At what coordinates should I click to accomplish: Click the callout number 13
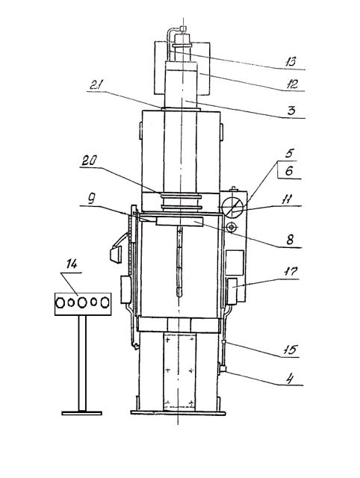click(x=291, y=62)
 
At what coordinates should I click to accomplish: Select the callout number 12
click(x=291, y=84)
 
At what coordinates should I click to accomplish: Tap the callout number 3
click(x=291, y=110)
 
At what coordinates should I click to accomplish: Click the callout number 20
click(x=89, y=161)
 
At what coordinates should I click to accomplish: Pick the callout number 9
click(x=91, y=199)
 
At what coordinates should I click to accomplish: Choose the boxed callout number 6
click(x=289, y=171)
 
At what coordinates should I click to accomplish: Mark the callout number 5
click(x=288, y=153)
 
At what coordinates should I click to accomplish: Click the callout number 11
click(x=287, y=199)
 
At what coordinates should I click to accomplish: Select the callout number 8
click(x=290, y=240)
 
